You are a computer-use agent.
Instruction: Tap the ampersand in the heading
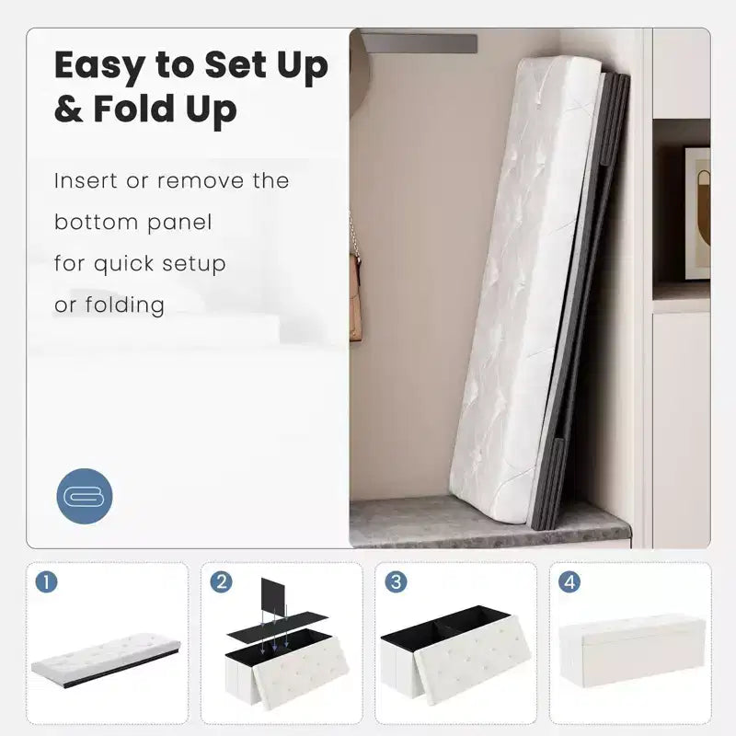68,109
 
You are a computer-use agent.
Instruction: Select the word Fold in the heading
134,109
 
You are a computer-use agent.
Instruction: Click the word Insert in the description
86,180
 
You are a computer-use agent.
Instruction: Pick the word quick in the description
123,265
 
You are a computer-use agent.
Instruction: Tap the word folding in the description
124,305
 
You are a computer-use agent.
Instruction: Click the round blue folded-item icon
85,496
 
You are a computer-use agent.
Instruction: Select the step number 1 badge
47,582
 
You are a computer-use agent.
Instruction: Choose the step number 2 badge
221,582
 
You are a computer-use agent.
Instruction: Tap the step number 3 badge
396,582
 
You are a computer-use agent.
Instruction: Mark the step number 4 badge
569,582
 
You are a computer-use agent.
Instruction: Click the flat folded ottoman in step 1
106,659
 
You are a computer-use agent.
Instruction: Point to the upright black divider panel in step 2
272,597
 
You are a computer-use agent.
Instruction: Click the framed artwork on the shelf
697,213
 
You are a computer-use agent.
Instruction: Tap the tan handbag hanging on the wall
355,295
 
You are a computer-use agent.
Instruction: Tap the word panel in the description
179,223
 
